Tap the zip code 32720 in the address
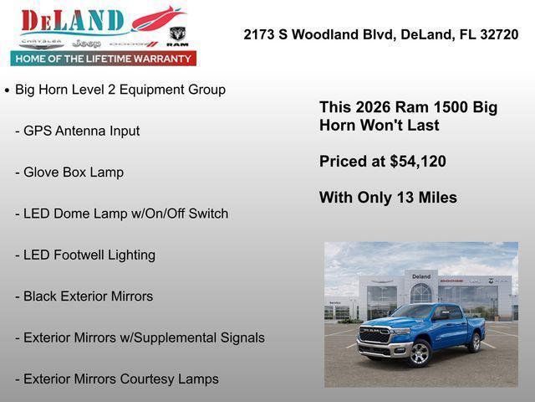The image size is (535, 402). point(497,34)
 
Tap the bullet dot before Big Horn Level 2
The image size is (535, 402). point(8,90)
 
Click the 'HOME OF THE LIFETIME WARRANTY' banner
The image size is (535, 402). point(104,59)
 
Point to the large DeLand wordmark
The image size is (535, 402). point(74,21)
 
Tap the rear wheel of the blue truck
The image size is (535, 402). point(475,342)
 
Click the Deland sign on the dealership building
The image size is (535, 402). point(420,276)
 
